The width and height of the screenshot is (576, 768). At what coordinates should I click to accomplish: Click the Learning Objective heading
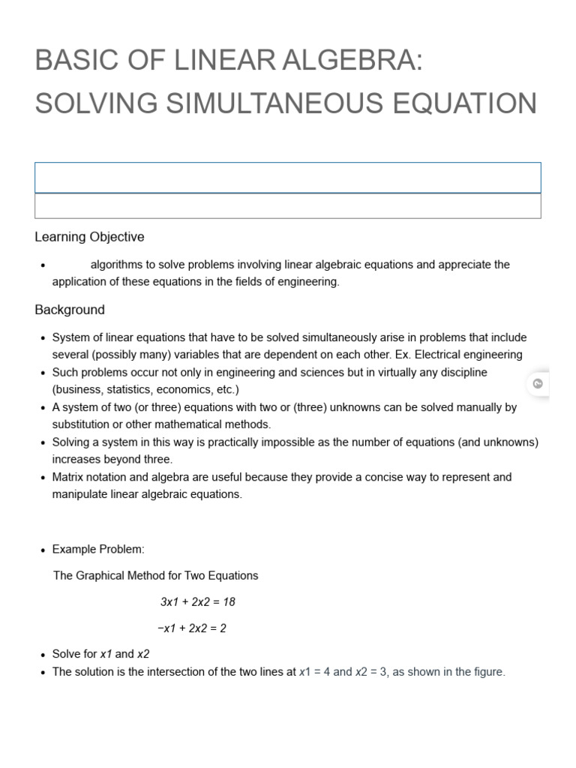(x=89, y=237)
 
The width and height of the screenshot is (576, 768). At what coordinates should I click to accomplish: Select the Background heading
(x=70, y=310)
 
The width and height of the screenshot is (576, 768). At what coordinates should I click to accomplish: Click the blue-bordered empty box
(x=287, y=178)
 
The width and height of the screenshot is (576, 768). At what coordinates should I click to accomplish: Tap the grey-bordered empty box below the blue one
(x=287, y=205)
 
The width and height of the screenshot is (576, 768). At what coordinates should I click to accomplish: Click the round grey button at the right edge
(x=538, y=384)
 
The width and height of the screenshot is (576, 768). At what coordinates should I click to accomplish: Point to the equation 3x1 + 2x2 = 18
(x=198, y=602)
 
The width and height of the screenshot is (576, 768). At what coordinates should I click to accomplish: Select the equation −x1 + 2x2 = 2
(x=192, y=628)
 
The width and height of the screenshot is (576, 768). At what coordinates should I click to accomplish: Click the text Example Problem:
(x=97, y=550)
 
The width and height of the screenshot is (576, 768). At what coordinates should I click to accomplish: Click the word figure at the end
(x=487, y=672)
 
